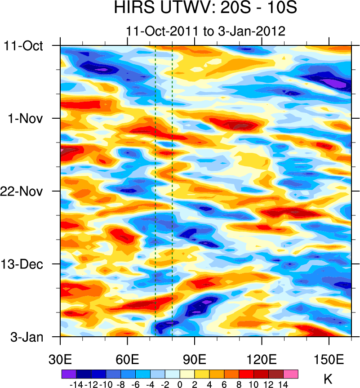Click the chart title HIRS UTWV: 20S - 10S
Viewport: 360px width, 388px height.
[x=206, y=9]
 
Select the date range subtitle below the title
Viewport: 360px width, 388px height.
[x=206, y=31]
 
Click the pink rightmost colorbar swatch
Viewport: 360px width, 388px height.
[x=291, y=374]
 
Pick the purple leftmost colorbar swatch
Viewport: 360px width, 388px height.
[x=69, y=374]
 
